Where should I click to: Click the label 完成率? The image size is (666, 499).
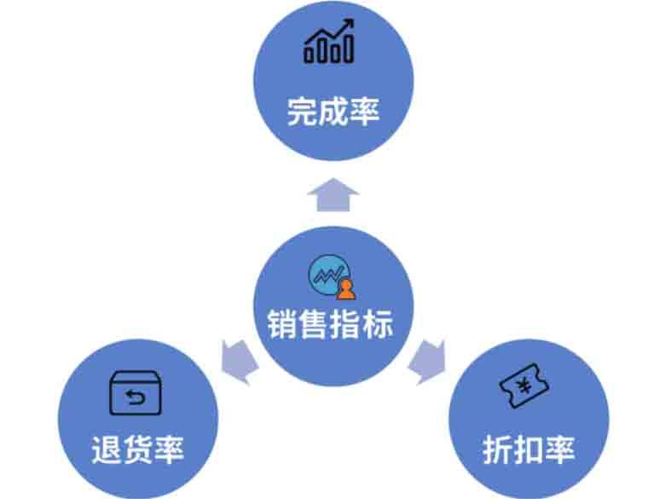(x=333, y=113)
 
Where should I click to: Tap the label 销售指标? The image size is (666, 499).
(x=333, y=324)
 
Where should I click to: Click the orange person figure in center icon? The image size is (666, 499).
(x=345, y=289)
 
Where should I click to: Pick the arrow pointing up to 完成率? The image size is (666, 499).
(x=333, y=194)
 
